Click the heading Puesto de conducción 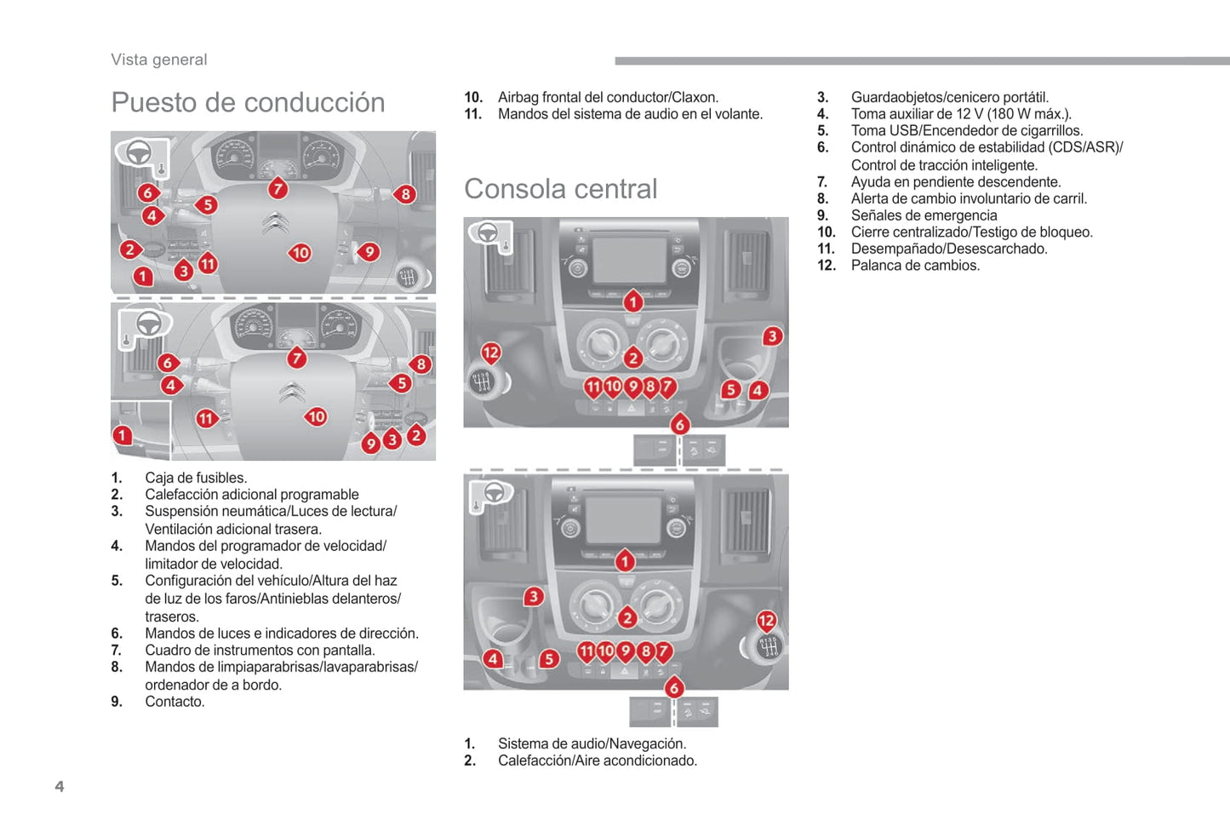(248, 102)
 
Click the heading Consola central (560, 188)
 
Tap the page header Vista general (159, 60)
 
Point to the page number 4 (60, 786)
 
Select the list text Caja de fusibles (196, 478)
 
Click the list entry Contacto (174, 702)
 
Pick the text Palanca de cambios (915, 266)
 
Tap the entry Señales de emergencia (924, 215)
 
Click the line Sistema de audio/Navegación (592, 743)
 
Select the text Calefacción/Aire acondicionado (597, 760)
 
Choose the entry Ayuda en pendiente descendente (956, 182)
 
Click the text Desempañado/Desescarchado (949, 249)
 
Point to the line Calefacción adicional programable (252, 495)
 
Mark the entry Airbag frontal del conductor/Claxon (608, 97)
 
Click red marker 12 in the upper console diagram (491, 353)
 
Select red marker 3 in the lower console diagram (534, 596)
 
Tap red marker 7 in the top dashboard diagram (277, 188)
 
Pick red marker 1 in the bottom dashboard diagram (123, 435)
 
